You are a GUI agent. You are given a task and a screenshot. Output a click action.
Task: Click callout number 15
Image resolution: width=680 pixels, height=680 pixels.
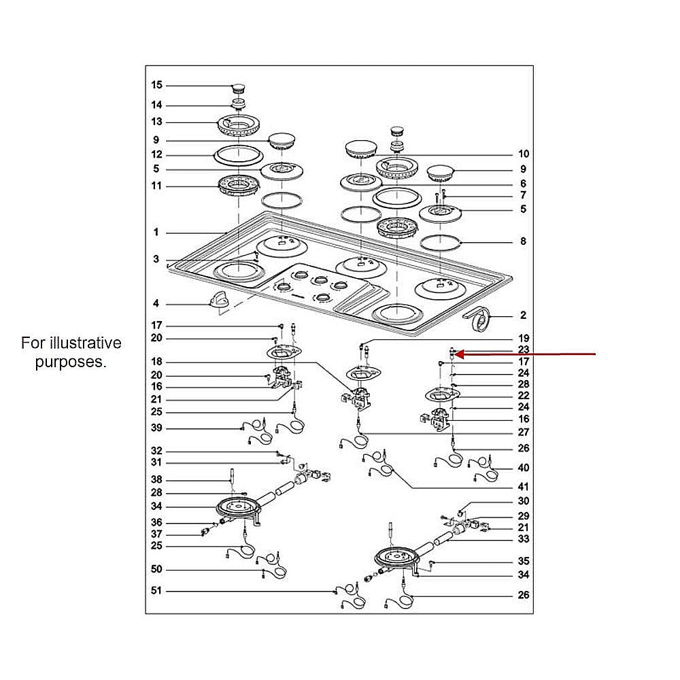pos(157,85)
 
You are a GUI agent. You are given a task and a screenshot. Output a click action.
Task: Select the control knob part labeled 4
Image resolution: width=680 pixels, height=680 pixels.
pos(220,300)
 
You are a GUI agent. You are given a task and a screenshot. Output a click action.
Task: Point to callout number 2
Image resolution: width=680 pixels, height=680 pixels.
pos(523,315)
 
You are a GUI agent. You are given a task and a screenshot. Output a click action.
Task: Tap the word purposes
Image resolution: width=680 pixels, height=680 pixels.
pos(71,362)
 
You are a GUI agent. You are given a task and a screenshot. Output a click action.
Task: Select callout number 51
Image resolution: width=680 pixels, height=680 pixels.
pos(157,591)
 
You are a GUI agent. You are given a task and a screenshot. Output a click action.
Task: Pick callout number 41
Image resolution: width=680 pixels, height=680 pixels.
pos(523,487)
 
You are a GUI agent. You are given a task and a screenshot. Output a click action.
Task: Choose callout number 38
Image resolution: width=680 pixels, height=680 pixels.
pos(157,479)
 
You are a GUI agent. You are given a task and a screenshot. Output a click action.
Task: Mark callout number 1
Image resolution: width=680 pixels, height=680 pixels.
pos(156,233)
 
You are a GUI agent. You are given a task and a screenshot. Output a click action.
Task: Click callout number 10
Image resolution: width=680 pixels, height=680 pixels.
pos(523,154)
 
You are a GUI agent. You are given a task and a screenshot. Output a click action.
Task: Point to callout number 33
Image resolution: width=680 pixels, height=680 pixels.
pos(523,539)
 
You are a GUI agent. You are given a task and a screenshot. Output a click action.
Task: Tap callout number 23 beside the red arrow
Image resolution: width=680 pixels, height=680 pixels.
pos(523,350)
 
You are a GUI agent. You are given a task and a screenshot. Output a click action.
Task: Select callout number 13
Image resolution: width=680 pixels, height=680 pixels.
pos(157,122)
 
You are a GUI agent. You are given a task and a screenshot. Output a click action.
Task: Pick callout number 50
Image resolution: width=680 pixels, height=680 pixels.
pos(157,569)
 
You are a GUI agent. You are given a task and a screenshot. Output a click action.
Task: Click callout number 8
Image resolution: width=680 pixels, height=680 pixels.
pos(523,241)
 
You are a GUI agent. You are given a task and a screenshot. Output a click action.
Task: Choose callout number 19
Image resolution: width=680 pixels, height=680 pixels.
pos(523,338)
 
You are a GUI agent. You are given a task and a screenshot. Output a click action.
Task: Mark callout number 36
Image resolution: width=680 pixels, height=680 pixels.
pos(157,522)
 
